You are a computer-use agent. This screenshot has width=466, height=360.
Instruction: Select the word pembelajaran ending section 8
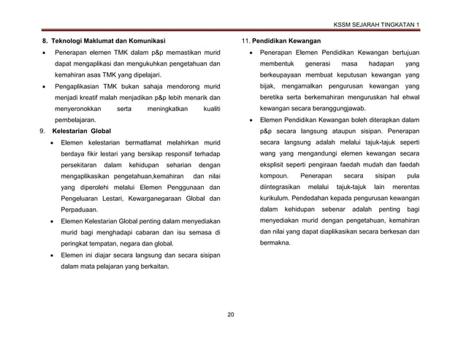(x=74, y=117)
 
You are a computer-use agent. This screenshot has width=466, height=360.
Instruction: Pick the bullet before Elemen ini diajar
(x=50, y=254)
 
